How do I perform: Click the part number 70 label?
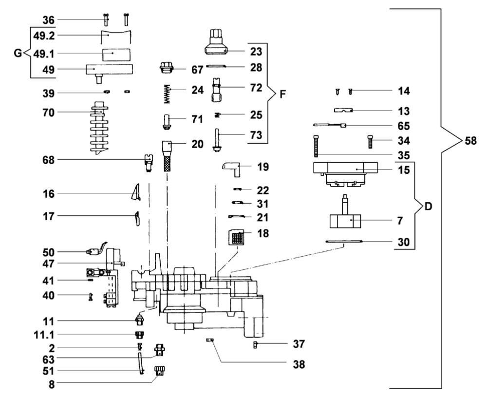48,113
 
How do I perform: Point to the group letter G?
19,54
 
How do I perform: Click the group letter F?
282,94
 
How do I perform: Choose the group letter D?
428,206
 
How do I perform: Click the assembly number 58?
470,141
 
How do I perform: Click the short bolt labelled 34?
370,141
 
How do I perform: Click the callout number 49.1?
43,54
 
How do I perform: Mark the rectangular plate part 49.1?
116,55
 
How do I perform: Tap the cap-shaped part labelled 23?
216,41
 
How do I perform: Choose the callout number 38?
299,364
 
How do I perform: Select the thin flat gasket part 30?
344,241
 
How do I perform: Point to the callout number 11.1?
44,335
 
